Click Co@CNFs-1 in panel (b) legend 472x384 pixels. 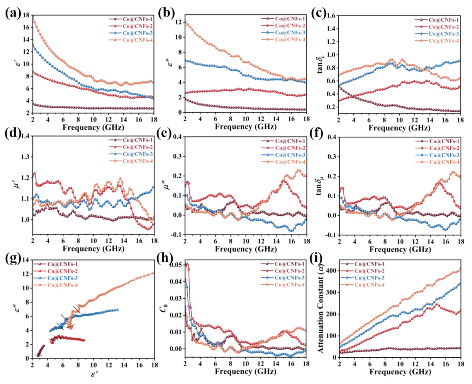290,19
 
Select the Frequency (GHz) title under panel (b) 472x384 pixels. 245,127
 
